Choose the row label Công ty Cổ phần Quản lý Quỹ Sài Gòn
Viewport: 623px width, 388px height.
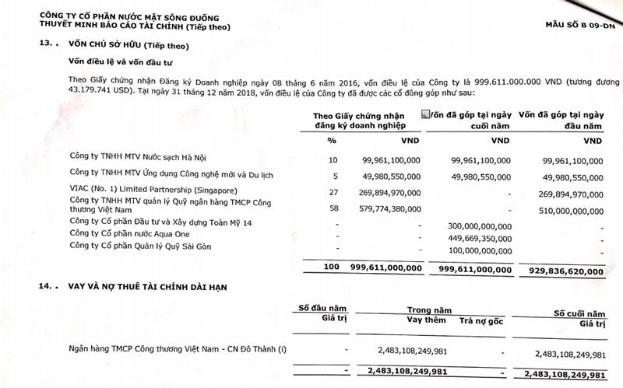pos(140,247)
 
